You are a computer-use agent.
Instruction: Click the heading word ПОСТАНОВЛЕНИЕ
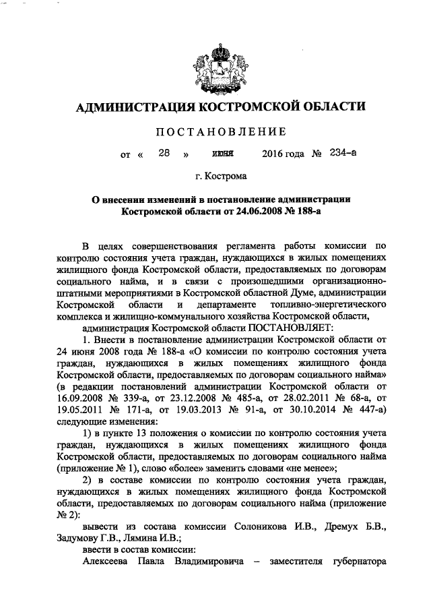pyautogui.click(x=215, y=131)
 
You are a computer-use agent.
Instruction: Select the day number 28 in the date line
pyautogui.click(x=164, y=153)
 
